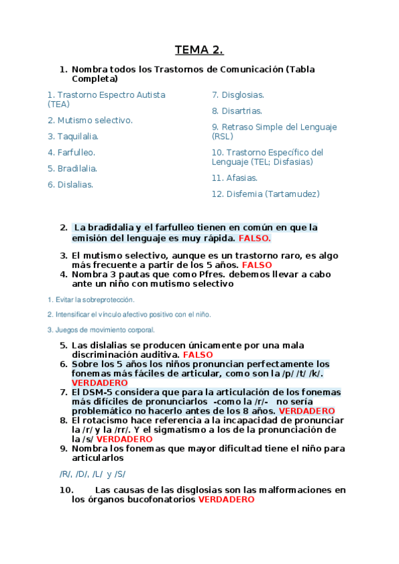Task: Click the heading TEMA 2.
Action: click(199, 50)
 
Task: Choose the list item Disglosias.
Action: click(238, 95)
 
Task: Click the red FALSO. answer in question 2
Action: click(255, 237)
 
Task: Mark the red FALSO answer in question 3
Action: click(256, 265)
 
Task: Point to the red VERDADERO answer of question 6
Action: click(99, 383)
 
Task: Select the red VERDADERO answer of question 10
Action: click(226, 499)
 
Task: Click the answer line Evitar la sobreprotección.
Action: click(91, 299)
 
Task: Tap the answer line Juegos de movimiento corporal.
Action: click(101, 330)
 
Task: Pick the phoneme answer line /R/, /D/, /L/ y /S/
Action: click(93, 474)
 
